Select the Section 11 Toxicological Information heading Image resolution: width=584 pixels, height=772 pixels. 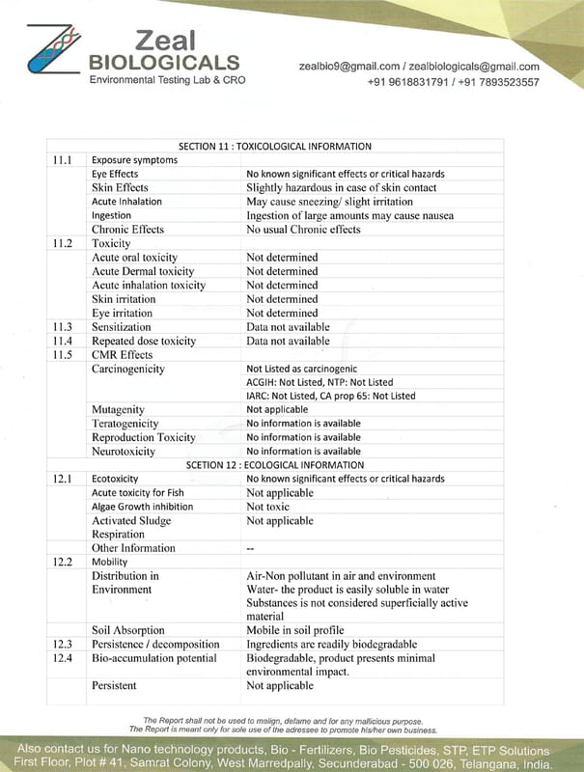(x=275, y=147)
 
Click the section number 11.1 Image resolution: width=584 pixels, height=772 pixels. (x=63, y=159)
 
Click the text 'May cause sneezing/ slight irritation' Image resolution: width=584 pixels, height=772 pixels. (x=329, y=202)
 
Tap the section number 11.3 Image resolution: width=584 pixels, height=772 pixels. (x=63, y=327)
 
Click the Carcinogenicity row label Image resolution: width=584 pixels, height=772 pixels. (x=127, y=369)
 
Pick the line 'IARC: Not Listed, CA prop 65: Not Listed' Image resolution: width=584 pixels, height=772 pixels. (x=330, y=396)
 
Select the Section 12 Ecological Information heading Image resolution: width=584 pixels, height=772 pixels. (x=275, y=464)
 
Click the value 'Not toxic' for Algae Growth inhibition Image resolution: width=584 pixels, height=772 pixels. (x=267, y=507)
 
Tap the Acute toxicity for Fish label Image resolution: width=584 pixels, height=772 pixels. (x=137, y=493)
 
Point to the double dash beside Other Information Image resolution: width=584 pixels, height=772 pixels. (x=250, y=549)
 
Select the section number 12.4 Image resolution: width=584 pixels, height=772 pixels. (x=63, y=658)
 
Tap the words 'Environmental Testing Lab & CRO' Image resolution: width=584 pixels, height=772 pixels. (x=167, y=79)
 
